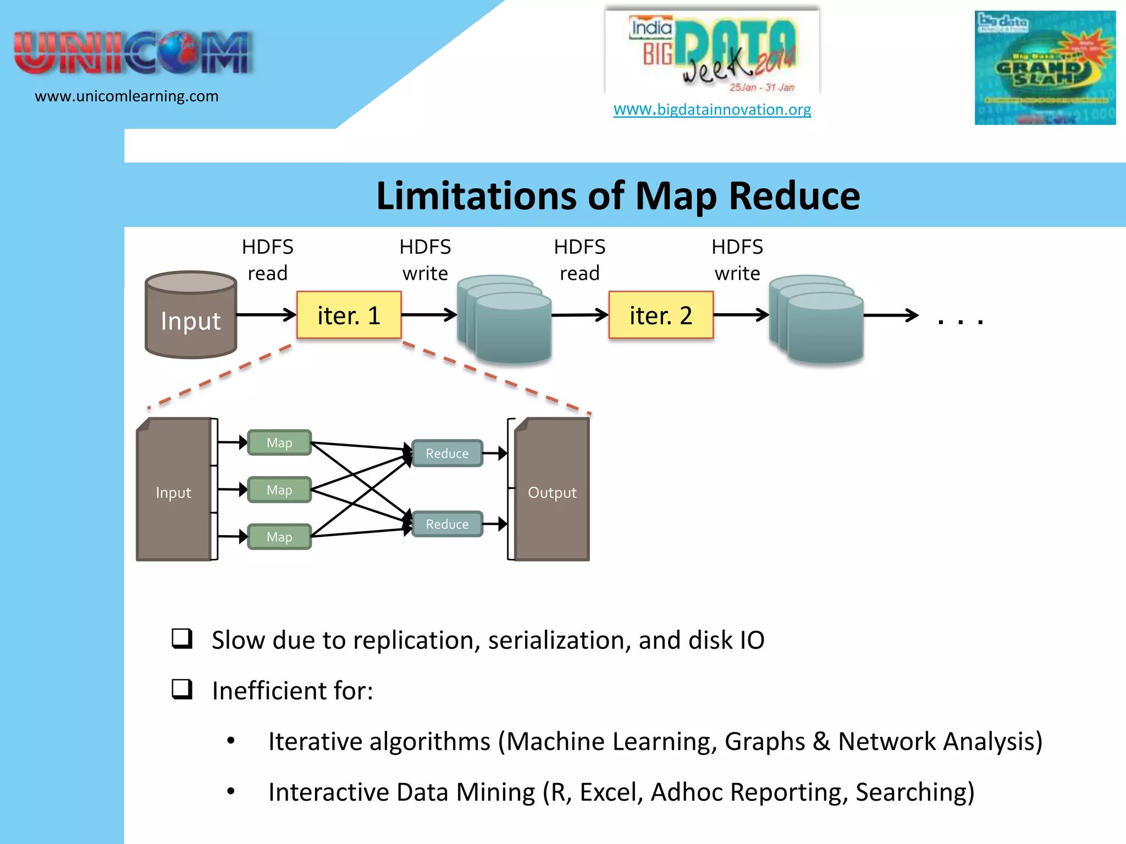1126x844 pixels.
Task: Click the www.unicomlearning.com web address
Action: pos(126,96)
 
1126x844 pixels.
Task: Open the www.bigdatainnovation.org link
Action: pos(712,109)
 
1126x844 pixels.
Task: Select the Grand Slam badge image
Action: pos(1045,68)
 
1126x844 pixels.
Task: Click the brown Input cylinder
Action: pos(191,315)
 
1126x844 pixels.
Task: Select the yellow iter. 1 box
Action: pos(349,315)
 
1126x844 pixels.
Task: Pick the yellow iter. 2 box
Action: pos(660,315)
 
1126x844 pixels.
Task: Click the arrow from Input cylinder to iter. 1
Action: pos(266,315)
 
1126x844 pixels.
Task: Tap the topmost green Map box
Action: pos(279,442)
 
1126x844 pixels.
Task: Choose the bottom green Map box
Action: pos(279,537)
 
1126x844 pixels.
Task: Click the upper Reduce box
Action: pos(447,453)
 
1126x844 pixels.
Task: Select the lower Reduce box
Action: pos(447,524)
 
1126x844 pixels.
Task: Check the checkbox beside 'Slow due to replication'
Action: pos(182,639)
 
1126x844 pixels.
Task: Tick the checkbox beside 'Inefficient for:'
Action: pos(182,689)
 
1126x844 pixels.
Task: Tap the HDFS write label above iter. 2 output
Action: pos(737,260)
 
